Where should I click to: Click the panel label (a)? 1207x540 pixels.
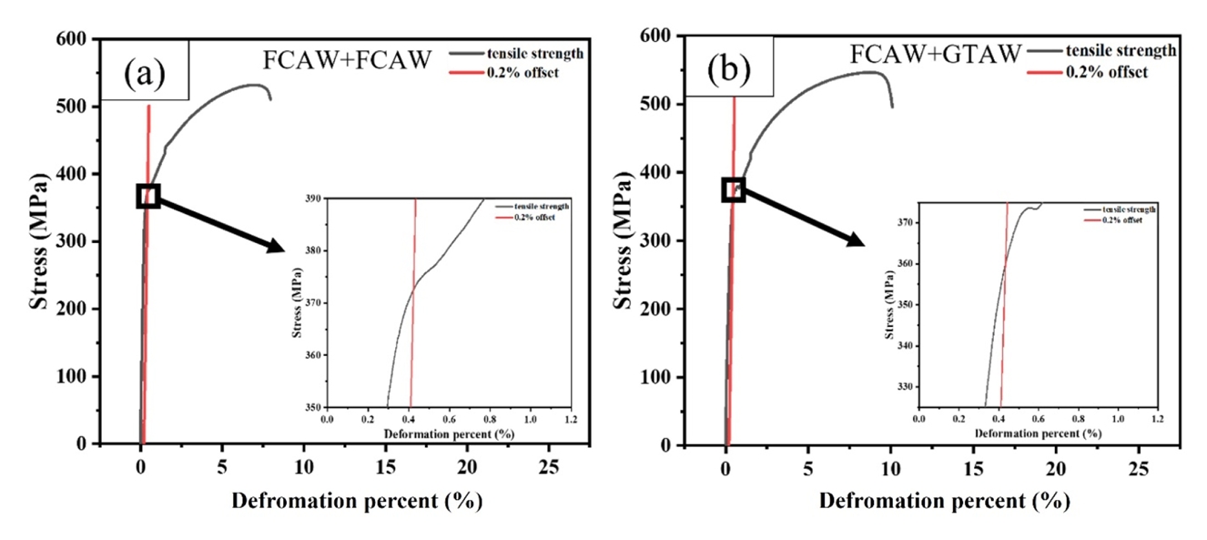pyautogui.click(x=146, y=70)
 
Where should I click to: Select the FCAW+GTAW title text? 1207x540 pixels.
pyautogui.click(x=936, y=55)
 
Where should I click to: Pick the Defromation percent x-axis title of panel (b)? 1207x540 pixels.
pyautogui.click(x=944, y=500)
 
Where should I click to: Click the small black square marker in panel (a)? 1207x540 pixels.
pyautogui.click(x=148, y=196)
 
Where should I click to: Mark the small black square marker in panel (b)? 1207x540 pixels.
pyautogui.click(x=734, y=189)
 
